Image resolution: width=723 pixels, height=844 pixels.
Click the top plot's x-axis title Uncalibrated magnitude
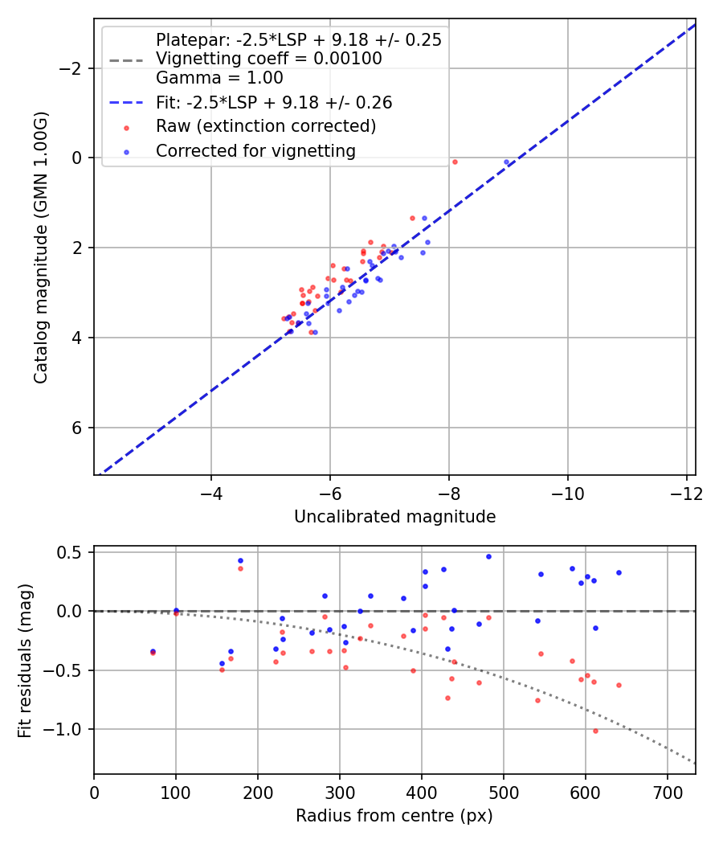(x=394, y=517)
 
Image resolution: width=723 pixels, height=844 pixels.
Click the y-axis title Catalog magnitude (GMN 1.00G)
(x=41, y=248)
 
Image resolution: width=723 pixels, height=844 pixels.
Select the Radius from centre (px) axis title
(x=394, y=816)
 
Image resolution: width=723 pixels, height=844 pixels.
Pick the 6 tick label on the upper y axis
(x=78, y=428)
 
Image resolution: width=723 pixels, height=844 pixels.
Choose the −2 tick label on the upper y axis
(x=72, y=68)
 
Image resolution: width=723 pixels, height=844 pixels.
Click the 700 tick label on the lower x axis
(x=667, y=791)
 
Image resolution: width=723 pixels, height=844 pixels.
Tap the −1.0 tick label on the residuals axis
(x=67, y=729)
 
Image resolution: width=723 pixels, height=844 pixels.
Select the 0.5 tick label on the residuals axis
(x=73, y=552)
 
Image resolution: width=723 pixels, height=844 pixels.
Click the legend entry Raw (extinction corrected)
(x=266, y=126)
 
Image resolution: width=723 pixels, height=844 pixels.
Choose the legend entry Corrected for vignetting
(x=255, y=150)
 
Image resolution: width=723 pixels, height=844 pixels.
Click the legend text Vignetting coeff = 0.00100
(x=269, y=59)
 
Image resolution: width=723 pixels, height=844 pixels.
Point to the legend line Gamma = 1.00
(x=219, y=79)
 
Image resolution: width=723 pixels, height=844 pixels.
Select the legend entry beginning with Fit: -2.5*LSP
(x=274, y=103)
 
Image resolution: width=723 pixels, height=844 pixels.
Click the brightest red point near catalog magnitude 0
(x=455, y=162)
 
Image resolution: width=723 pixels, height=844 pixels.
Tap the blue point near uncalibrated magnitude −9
(x=506, y=162)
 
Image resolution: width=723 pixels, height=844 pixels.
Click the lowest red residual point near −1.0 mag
(x=595, y=731)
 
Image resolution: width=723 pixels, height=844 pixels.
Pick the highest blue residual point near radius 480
(x=488, y=556)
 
